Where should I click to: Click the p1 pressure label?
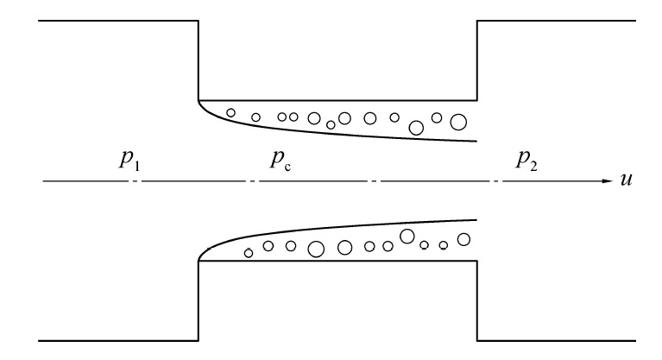[x=131, y=162]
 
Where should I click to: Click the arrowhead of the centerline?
[x=605, y=182]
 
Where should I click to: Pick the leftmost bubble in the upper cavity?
[x=230, y=112]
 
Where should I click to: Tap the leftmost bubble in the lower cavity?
[x=249, y=253]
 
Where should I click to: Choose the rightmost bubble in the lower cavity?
[x=463, y=239]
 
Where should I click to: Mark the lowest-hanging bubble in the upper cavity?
[x=416, y=129]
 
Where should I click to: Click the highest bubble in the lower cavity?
[x=407, y=235]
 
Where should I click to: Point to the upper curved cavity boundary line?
[x=345, y=129]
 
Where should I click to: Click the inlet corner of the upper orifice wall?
[x=199, y=100]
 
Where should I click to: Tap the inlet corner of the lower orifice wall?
[x=199, y=261]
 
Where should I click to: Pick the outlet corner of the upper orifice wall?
[x=477, y=100]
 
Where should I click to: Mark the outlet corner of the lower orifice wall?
[x=477, y=261]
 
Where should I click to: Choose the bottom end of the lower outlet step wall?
[x=477, y=340]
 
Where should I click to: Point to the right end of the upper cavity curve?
[x=476, y=140]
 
